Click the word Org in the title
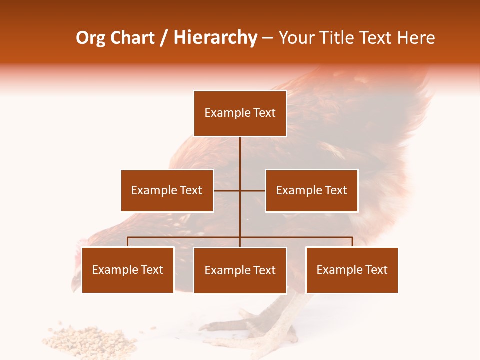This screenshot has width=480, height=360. click(x=90, y=38)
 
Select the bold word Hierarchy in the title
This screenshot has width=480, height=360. click(x=215, y=38)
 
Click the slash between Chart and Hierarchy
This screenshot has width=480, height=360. click(x=164, y=38)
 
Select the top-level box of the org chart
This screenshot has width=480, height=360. click(x=240, y=113)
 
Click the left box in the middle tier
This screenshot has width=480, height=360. click(x=167, y=190)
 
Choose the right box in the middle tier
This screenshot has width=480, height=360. click(x=311, y=190)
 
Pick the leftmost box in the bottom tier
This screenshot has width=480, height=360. click(x=127, y=270)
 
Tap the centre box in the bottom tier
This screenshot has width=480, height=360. click(x=240, y=270)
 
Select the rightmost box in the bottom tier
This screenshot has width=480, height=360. click(x=352, y=270)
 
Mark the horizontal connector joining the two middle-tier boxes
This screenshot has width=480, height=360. click(x=227, y=190)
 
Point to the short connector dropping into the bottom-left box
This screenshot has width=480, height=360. click(x=127, y=242)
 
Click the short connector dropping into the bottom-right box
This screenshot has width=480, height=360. click(x=352, y=242)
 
